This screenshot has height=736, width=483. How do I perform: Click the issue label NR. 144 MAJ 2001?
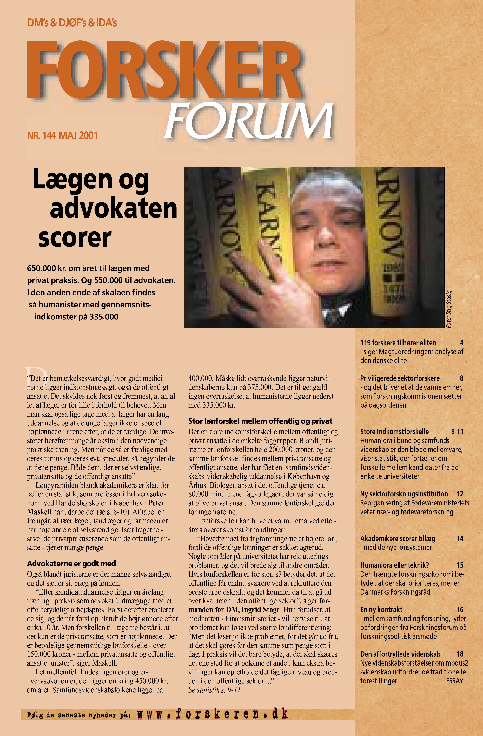[62, 135]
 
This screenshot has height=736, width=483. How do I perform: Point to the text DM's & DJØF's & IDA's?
[72, 23]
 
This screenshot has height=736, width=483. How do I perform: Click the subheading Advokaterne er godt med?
[71, 563]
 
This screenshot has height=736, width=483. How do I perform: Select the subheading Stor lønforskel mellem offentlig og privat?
[260, 421]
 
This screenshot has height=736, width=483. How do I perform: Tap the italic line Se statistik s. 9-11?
[214, 690]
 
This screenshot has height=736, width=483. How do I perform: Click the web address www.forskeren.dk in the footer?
[212, 714]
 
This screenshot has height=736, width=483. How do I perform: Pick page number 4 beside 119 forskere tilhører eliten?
[461, 343]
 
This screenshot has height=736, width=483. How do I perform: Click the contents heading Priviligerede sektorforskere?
[400, 378]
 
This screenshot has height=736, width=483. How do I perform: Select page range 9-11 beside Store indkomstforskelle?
[457, 432]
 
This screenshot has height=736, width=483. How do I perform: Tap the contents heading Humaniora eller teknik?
[394, 565]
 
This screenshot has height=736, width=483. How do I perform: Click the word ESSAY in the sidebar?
[454, 681]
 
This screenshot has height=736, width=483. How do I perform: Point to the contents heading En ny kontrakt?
[381, 610]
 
